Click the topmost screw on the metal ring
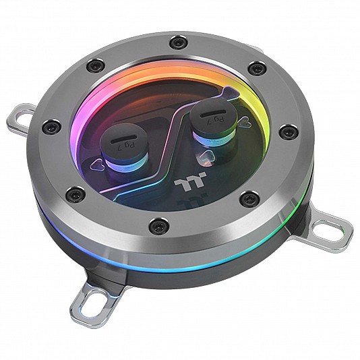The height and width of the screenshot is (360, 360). pos(178,42)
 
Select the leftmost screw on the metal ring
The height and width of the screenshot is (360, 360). pos(51,126)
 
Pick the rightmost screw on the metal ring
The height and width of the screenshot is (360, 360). pos(289,132)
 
